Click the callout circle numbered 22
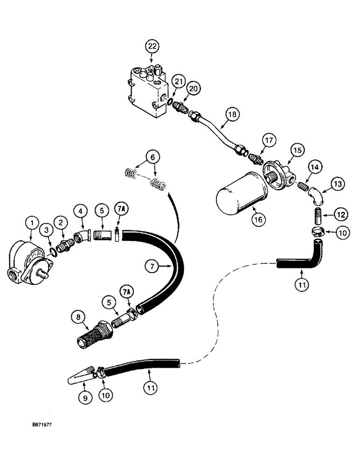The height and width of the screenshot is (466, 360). click(x=152, y=46)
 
